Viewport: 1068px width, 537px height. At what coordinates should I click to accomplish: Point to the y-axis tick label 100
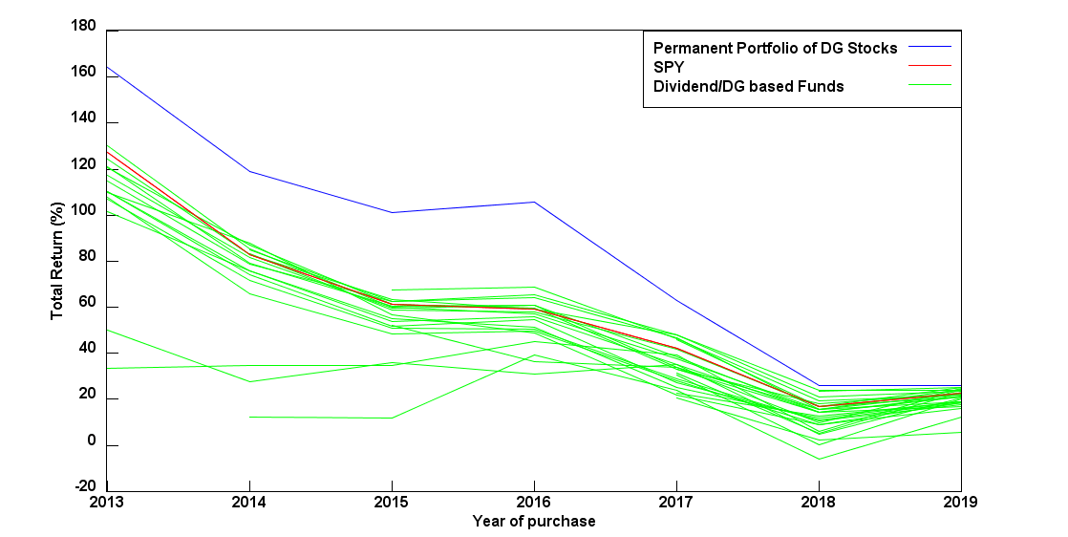tap(83, 211)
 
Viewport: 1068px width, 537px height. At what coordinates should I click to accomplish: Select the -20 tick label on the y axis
tap(83, 488)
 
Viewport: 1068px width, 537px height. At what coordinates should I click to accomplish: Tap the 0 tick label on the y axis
tap(91, 442)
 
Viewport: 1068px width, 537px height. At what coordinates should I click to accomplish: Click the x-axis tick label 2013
tap(107, 502)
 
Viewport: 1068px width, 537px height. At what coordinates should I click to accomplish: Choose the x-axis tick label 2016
tap(534, 502)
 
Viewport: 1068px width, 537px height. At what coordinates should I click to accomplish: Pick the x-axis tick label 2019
tap(960, 502)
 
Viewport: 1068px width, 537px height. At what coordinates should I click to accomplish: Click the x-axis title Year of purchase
tap(534, 521)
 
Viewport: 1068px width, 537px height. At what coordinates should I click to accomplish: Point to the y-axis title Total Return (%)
tap(57, 259)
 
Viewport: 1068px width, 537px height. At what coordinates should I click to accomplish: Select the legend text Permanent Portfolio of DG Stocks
tap(775, 47)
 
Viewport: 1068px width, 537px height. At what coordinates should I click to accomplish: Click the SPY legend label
tap(669, 67)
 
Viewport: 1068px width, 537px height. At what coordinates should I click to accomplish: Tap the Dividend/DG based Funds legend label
tap(748, 86)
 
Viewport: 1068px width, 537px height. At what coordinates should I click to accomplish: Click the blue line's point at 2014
tap(249, 171)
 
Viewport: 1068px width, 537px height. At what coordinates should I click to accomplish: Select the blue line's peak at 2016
tap(534, 202)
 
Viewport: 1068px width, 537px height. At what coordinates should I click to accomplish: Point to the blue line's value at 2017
tap(676, 301)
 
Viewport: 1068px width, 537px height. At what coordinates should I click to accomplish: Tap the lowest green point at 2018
tap(818, 459)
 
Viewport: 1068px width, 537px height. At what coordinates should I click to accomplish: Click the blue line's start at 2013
tap(108, 67)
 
